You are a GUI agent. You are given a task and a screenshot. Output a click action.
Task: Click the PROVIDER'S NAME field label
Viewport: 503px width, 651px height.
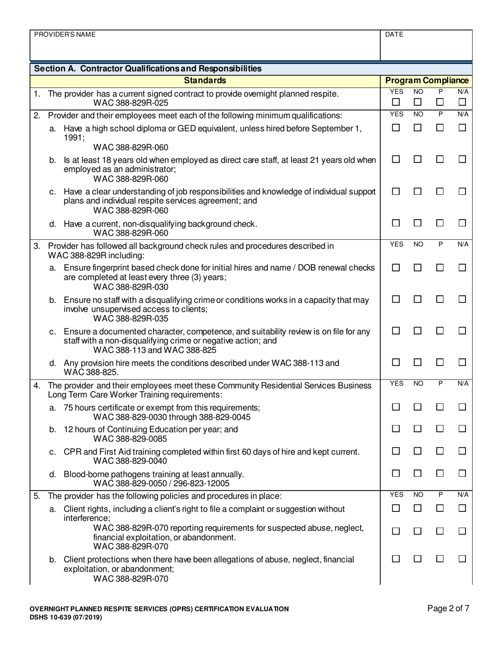[x=65, y=34]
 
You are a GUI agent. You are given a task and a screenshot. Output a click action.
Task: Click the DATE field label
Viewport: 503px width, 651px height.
[x=394, y=34]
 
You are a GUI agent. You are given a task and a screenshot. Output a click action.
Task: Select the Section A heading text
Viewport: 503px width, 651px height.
[x=148, y=68]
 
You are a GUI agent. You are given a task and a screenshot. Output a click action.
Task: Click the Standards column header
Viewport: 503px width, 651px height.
[x=205, y=80]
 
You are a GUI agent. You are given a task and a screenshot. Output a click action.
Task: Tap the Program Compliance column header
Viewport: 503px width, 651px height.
[x=426, y=80]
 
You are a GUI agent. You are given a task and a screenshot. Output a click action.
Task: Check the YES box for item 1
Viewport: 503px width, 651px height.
[x=396, y=102]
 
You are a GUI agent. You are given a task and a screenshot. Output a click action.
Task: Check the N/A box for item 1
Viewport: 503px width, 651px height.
[x=462, y=102]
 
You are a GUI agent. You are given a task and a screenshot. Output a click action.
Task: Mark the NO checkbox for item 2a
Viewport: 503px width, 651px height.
[x=418, y=128]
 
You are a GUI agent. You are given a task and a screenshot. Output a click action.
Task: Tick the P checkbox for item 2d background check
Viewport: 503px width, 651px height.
[x=440, y=223]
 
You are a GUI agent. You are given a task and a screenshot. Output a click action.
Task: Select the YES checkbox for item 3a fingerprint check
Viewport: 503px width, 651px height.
[x=396, y=268]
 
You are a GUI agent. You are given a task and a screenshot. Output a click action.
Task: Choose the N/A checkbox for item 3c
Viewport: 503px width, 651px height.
[x=462, y=331]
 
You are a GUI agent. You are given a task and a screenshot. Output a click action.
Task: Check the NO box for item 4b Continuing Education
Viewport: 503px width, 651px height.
[x=418, y=429]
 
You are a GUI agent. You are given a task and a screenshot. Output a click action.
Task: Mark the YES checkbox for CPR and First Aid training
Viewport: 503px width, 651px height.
[x=396, y=451]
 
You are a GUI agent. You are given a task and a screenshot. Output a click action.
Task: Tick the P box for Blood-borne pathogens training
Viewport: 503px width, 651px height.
[x=440, y=473]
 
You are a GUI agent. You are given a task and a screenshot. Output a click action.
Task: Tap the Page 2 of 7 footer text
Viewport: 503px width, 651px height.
[x=448, y=609]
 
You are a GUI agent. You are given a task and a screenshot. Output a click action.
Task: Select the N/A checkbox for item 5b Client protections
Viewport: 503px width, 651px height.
[x=462, y=559]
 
